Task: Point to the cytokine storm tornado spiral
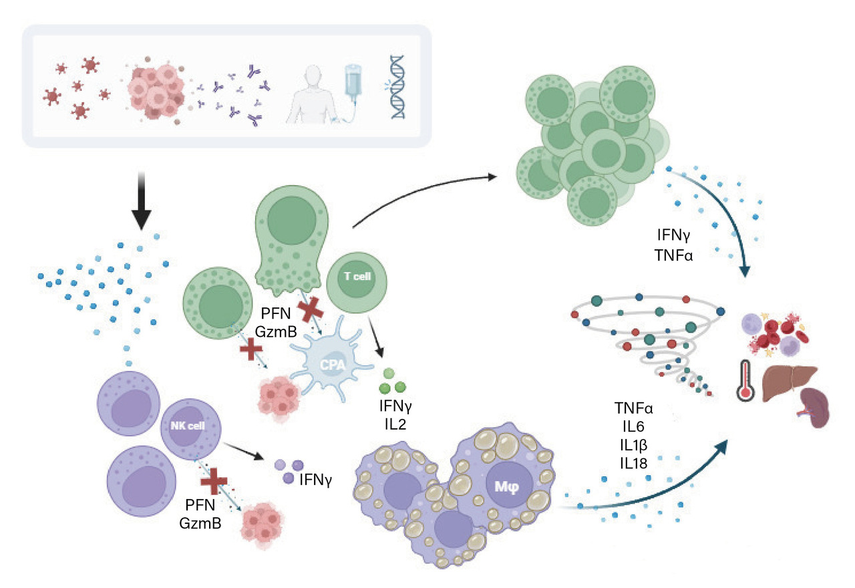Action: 651,341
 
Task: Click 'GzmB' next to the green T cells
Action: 275,328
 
